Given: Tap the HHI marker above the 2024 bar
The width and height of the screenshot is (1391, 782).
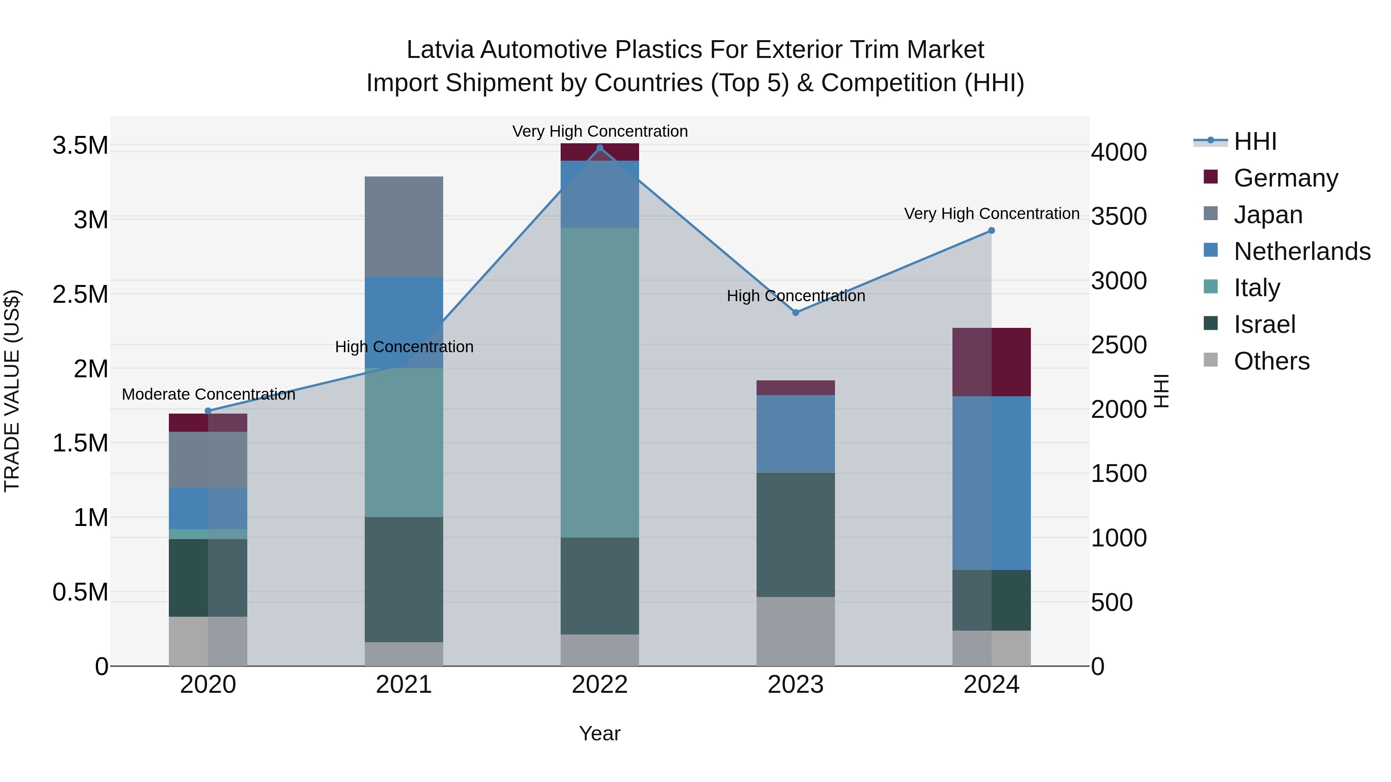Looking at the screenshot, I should click(991, 231).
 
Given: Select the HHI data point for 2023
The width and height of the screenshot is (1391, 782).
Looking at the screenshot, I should click(796, 312).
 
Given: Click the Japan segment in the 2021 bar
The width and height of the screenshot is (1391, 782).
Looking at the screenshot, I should click(404, 227).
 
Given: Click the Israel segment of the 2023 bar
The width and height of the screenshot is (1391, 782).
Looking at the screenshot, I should click(796, 534).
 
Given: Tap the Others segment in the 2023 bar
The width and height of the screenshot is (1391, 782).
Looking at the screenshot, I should click(796, 631).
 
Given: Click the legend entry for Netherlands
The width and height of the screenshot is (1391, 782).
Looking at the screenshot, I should click(1301, 251).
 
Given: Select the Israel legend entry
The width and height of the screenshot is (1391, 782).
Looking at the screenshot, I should click(1264, 324).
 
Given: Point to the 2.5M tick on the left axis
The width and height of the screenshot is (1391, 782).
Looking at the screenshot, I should click(80, 295).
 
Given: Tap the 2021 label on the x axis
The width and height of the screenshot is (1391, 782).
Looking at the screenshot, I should click(404, 685).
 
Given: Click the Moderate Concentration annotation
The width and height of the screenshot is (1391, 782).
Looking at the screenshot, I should click(208, 395).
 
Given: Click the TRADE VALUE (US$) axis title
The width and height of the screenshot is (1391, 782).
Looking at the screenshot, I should click(12, 391).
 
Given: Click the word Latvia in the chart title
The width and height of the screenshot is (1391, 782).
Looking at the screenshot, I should click(440, 50).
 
